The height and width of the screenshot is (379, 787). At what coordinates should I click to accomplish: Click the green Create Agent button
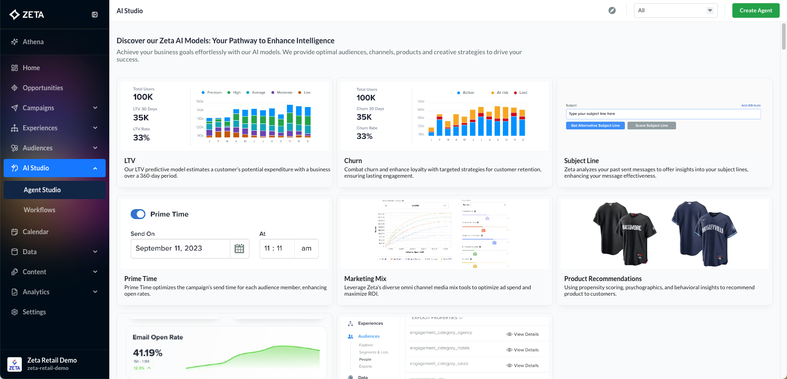[756, 10]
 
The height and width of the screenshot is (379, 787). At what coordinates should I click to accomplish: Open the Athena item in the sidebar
[33, 42]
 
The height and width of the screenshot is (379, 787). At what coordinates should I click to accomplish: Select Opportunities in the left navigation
[43, 88]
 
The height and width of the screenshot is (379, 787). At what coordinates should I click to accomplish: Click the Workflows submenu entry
[40, 210]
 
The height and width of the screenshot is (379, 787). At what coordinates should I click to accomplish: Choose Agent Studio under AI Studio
[42, 190]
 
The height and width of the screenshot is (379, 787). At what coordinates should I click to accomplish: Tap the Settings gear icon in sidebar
[15, 312]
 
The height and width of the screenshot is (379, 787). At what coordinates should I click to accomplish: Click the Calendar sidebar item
[36, 232]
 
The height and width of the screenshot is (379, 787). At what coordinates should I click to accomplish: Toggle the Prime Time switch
[138, 214]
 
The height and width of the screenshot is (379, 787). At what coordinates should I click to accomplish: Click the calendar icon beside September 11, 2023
[239, 249]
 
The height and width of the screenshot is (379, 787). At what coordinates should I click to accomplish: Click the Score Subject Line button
[651, 126]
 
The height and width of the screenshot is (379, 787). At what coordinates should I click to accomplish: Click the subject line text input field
[663, 114]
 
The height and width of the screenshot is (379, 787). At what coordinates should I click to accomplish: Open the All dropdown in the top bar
[675, 10]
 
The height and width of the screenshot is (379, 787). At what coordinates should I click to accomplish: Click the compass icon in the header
[612, 10]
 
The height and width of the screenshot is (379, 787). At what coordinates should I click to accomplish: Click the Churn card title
[353, 161]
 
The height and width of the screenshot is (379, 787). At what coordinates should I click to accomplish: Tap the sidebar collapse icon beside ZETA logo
[95, 15]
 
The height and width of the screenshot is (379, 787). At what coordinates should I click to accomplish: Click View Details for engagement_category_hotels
[522, 350]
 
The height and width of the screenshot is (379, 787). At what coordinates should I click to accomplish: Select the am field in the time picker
[307, 249]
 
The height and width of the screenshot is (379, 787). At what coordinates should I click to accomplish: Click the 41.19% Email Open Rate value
[148, 353]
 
